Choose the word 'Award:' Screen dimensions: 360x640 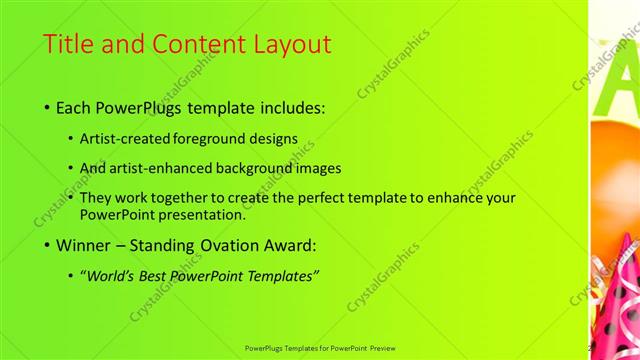pos(291,245)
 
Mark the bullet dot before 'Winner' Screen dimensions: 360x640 pos(48,246)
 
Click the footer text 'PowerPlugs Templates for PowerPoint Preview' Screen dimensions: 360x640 pos(320,348)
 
